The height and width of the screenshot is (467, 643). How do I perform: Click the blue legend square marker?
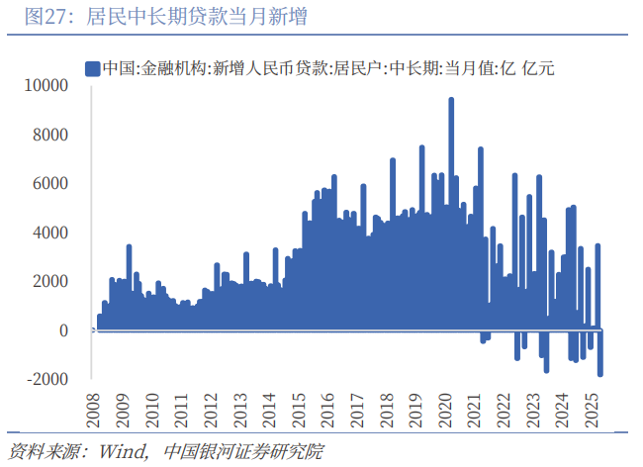click(92, 68)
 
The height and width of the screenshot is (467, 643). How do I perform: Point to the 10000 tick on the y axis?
click(46, 86)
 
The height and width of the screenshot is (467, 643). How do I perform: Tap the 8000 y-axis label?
click(49, 135)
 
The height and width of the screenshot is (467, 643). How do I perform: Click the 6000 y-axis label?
click(49, 184)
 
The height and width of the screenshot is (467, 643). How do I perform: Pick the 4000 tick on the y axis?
click(49, 233)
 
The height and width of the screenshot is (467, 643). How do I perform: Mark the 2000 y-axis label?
click(49, 281)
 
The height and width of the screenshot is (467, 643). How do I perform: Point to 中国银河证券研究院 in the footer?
click(242, 452)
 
